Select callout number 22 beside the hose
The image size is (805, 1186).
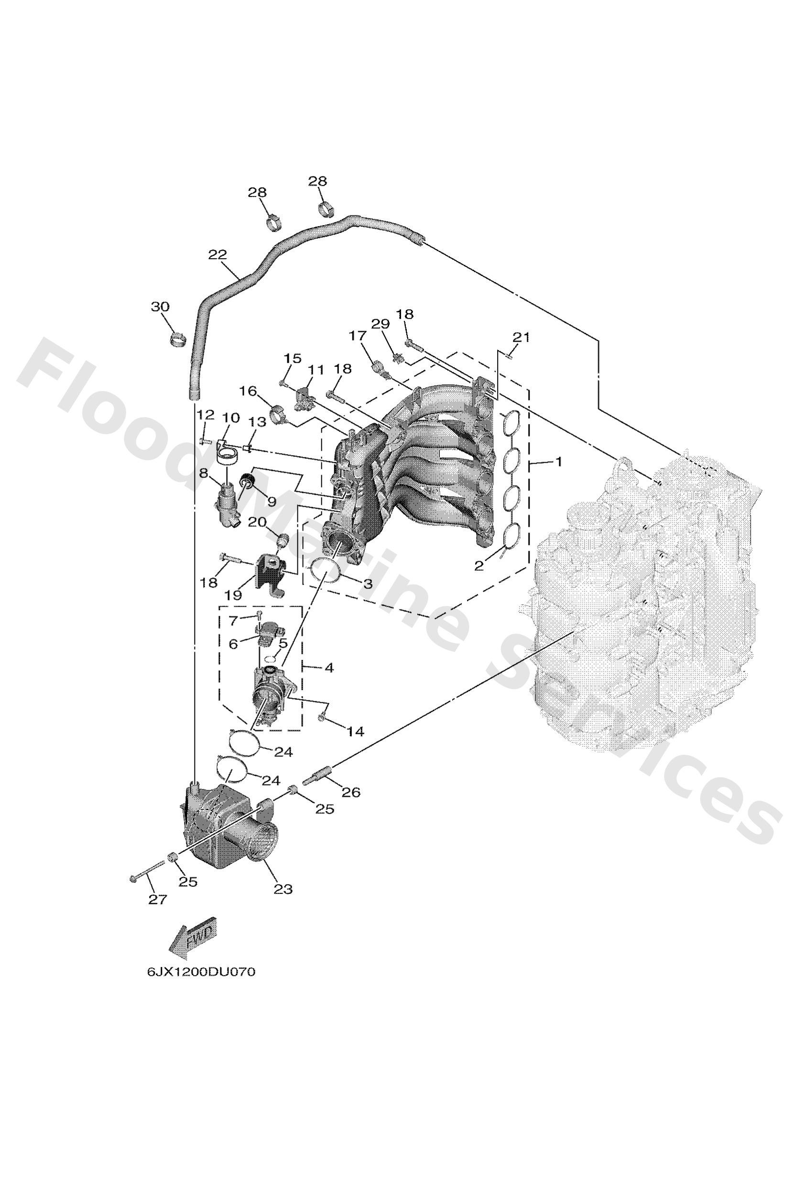[218, 255]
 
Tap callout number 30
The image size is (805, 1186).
[160, 307]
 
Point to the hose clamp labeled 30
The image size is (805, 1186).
[178, 339]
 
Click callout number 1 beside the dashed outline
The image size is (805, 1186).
[558, 462]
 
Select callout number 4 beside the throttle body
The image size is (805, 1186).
[329, 667]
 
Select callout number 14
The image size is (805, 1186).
[355, 732]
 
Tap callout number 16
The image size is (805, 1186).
[248, 392]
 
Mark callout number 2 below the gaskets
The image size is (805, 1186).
[479, 566]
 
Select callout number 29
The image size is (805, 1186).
[381, 324]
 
